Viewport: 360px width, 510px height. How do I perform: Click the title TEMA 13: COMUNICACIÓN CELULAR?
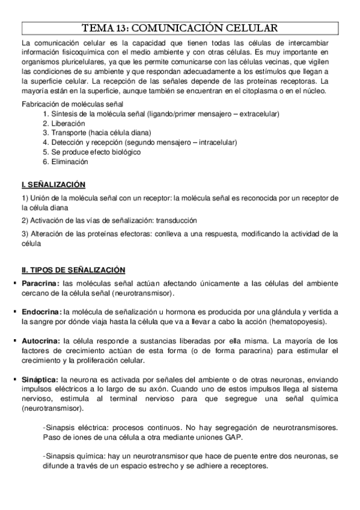click(x=180, y=28)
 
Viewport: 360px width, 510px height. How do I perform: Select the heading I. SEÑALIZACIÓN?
click(x=53, y=183)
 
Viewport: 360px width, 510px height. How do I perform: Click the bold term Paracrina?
click(x=40, y=283)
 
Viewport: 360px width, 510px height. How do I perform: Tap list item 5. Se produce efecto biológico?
click(x=91, y=152)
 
